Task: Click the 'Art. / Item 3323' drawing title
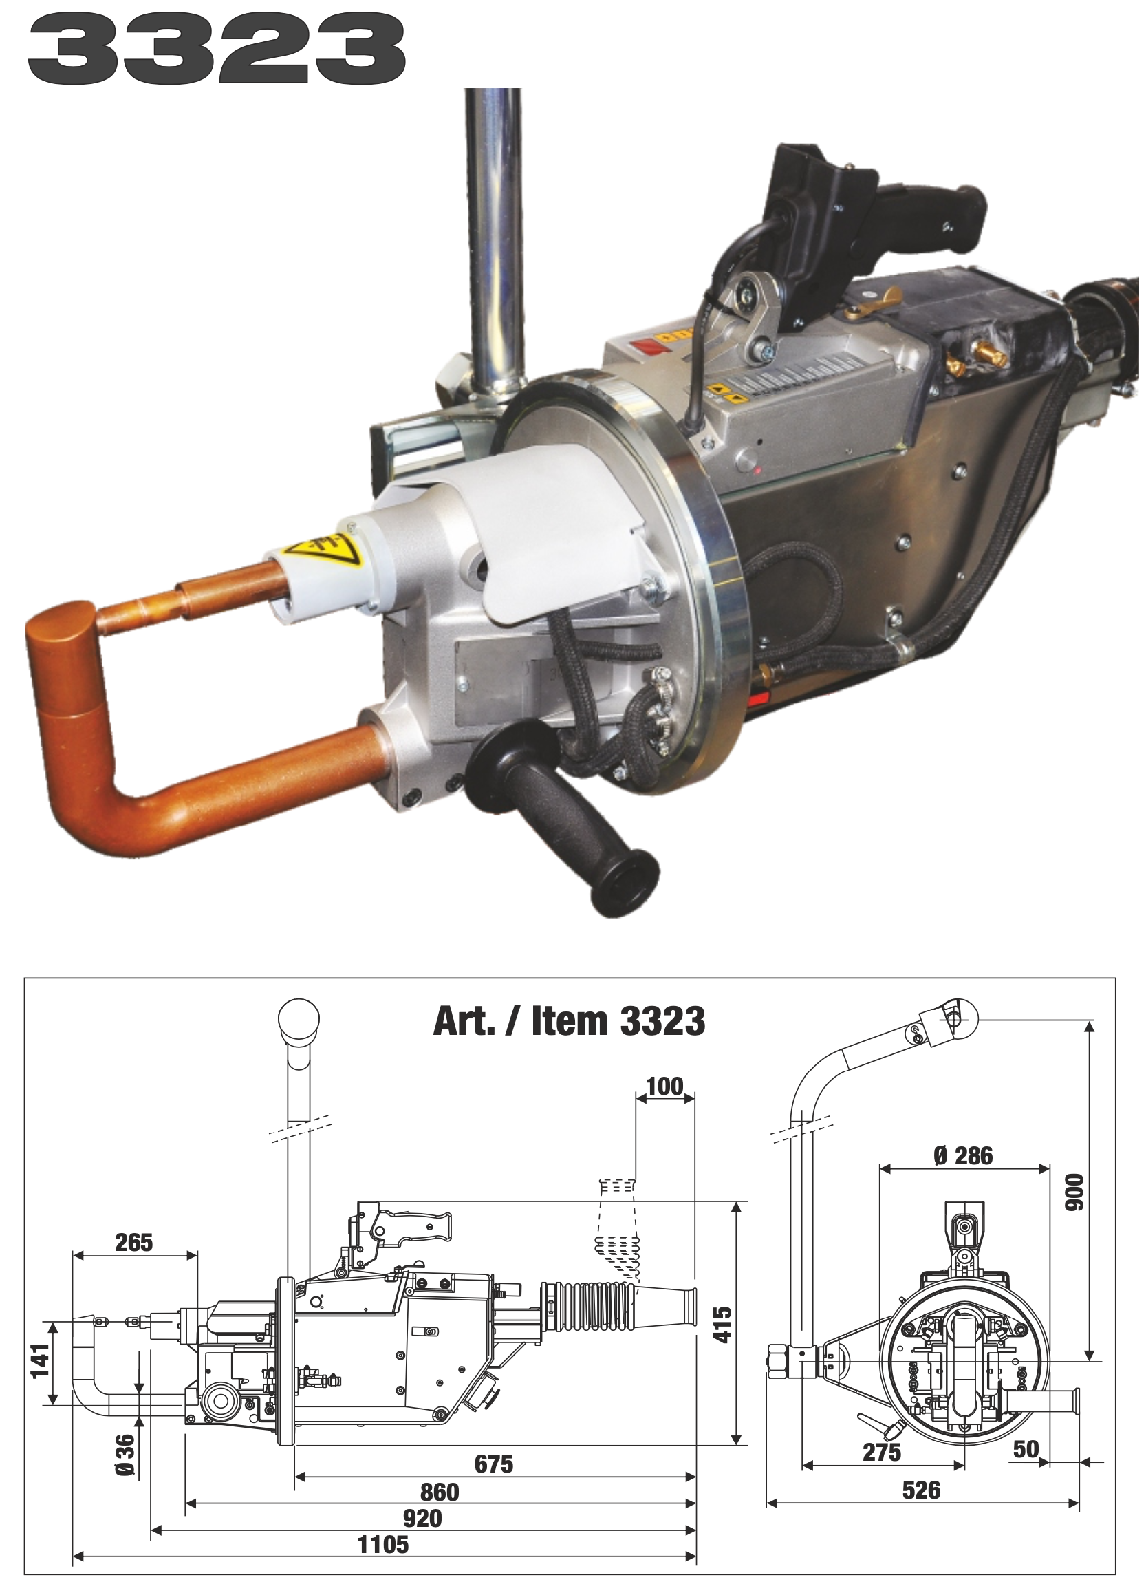(x=569, y=1023)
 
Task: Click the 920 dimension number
(x=422, y=1517)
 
